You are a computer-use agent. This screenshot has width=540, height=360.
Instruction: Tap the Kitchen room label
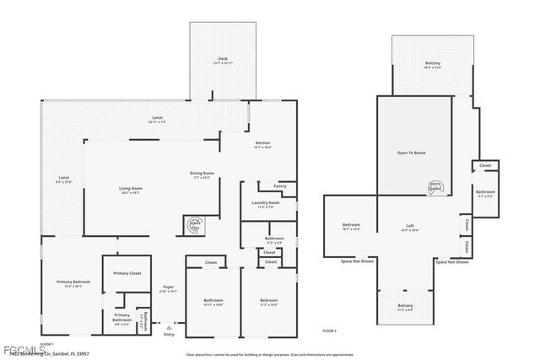click(263, 143)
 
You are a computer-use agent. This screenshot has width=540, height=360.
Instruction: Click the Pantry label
click(279, 185)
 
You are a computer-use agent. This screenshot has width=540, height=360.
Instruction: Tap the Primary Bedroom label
click(73, 282)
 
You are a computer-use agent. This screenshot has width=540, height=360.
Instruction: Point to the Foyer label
click(169, 287)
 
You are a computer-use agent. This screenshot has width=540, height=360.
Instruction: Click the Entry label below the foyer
click(170, 334)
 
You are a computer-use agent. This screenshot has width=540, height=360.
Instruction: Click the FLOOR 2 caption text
click(329, 331)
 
